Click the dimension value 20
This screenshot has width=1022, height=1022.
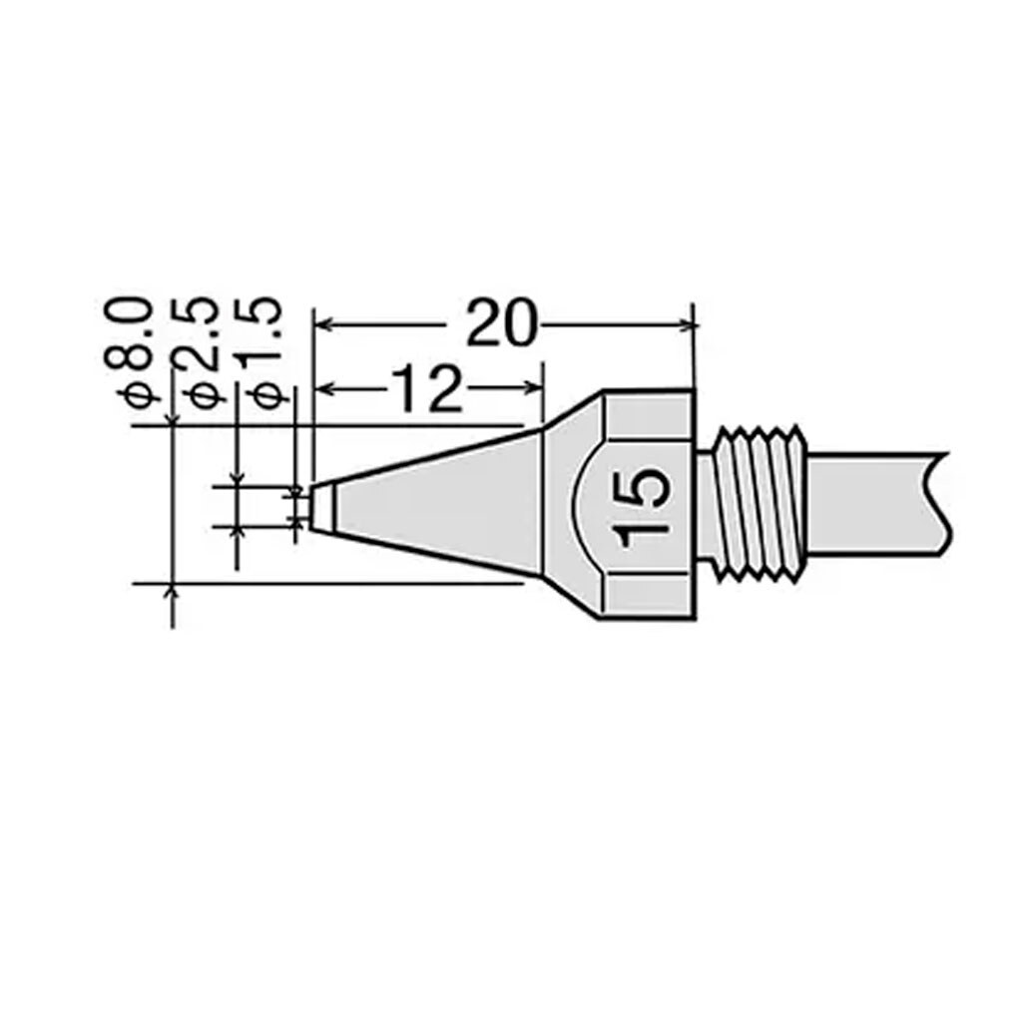pos(501,323)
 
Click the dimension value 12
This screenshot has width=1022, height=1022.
pos(427,389)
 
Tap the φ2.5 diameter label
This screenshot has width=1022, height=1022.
pos(199,352)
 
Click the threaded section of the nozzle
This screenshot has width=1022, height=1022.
pos(760,504)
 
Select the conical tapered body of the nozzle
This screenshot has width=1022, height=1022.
pos(437,504)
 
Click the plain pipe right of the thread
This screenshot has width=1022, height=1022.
pos(876,504)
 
